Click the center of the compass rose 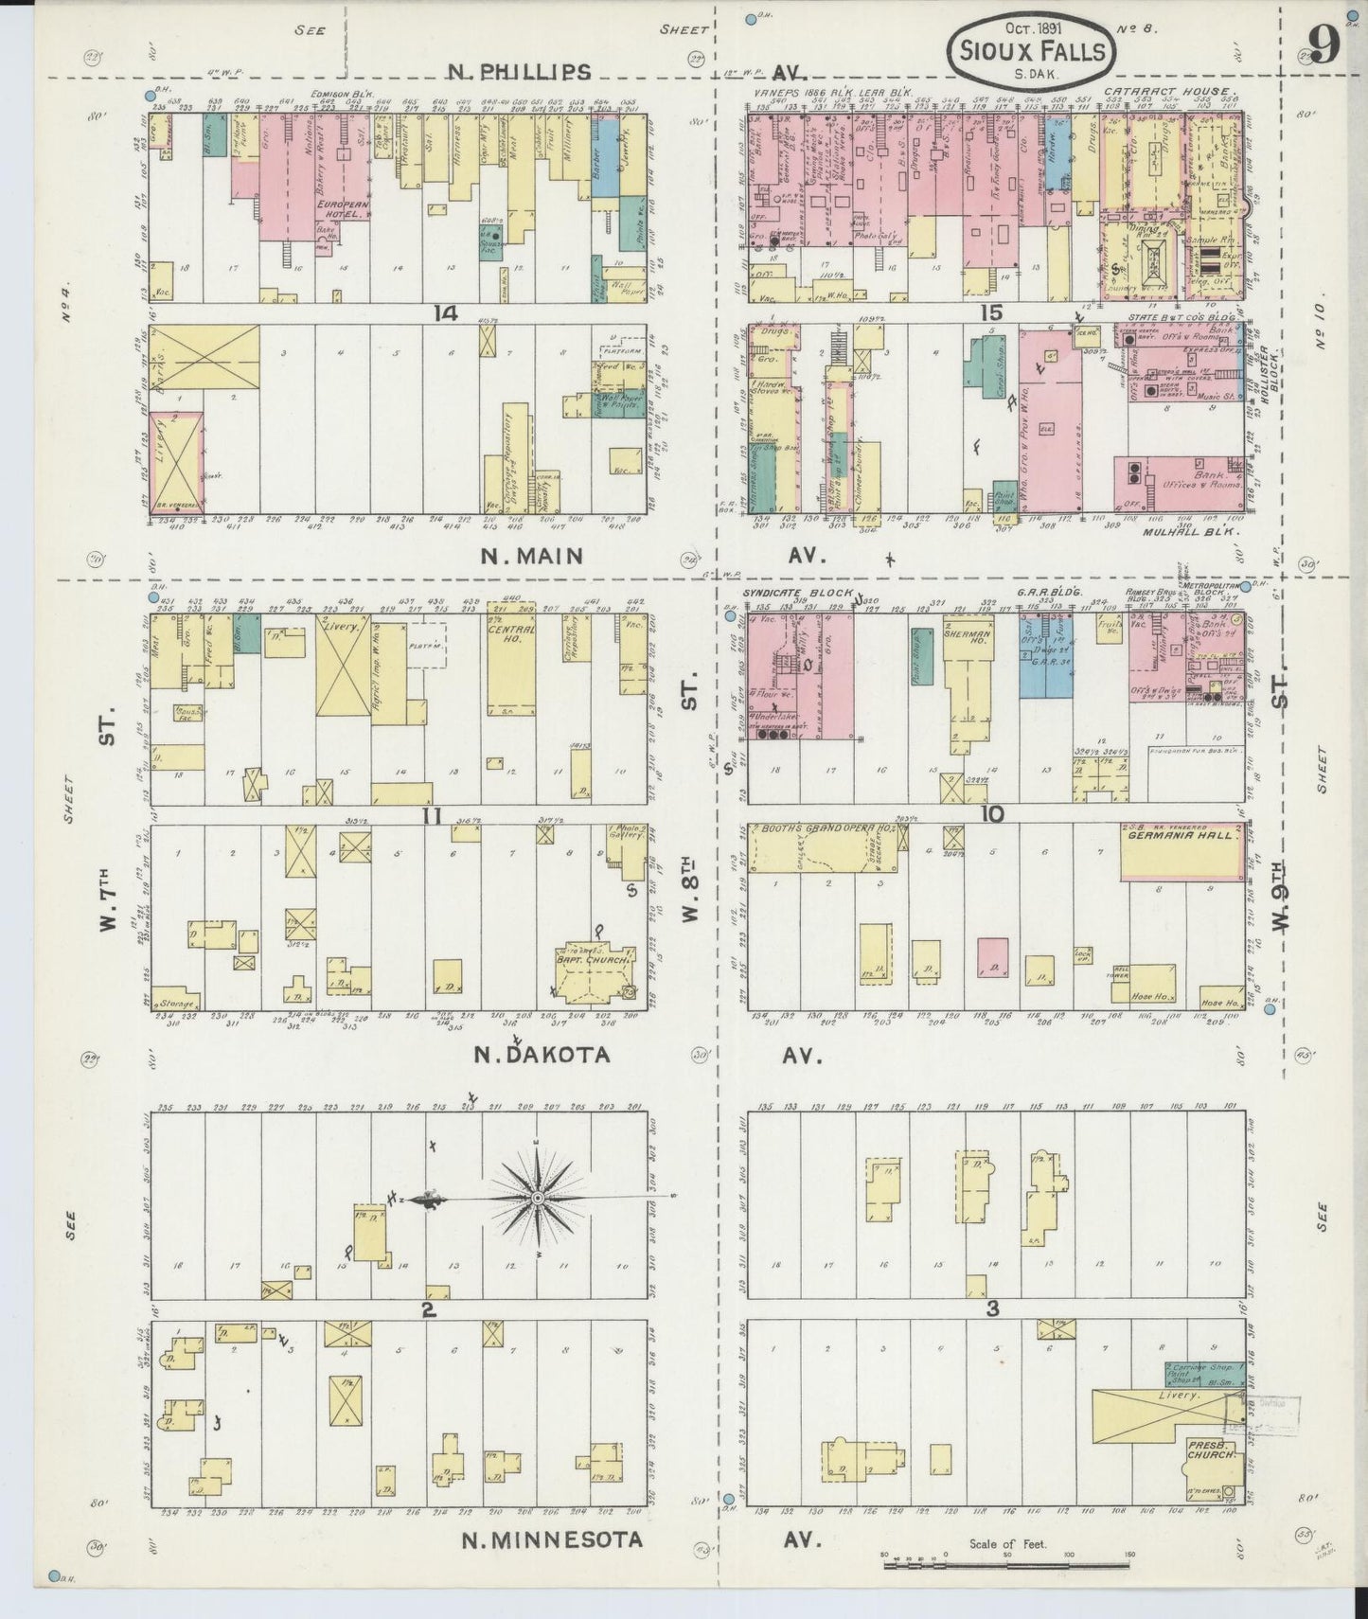538,1198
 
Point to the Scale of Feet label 1007,1544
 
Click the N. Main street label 532,556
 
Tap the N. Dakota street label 542,1055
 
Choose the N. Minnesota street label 552,1539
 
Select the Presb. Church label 1213,1450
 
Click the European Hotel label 342,209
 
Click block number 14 446,313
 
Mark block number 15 991,313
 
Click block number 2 428,1309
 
